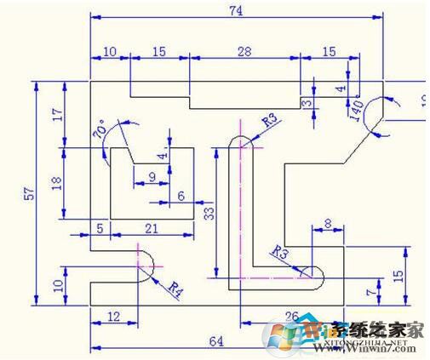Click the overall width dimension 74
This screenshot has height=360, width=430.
click(233, 10)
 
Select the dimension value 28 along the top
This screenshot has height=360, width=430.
click(244, 52)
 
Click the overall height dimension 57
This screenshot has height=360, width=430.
click(30, 194)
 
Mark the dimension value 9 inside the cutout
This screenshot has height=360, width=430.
click(152, 176)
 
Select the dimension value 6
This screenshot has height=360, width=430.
click(180, 196)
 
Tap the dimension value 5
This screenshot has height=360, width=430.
click(100, 227)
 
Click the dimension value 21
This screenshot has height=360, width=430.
click(151, 227)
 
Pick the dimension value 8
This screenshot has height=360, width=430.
click(329, 223)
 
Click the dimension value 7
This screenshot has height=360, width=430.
click(369, 292)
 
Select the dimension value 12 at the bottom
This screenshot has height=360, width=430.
click(114, 316)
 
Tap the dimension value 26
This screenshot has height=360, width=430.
click(291, 317)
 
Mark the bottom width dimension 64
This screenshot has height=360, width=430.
click(215, 341)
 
